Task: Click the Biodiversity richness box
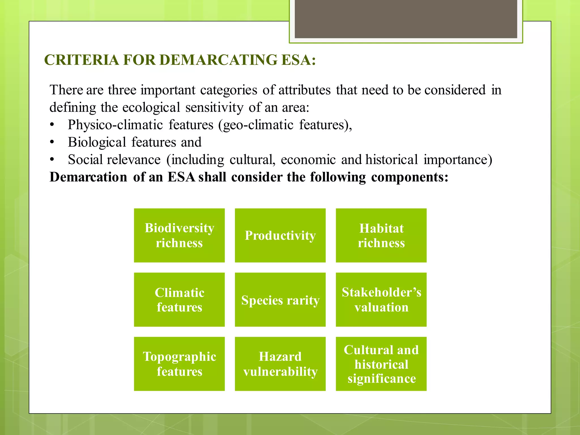pos(179,235)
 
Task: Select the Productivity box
pos(280,235)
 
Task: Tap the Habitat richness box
pos(381,235)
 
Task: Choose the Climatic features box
pos(179,300)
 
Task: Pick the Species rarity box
pos(280,300)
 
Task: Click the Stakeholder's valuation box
pos(381,300)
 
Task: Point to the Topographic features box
pos(179,364)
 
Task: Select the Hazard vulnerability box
pos(280,364)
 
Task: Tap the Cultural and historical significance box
pos(381,364)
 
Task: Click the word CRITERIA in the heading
pos(82,60)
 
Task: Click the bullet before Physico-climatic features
pos(52,125)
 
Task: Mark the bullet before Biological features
pos(52,142)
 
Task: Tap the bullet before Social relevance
pos(52,160)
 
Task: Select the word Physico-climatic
pos(115,125)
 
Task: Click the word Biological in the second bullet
pos(97,142)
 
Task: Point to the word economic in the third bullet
pos(308,160)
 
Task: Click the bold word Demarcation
pos(88,177)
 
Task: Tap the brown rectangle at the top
pos(406,19)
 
